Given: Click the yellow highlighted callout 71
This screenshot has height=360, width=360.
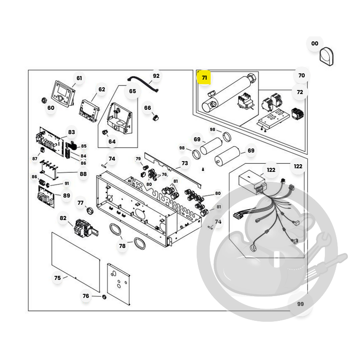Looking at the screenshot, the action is tap(204, 77).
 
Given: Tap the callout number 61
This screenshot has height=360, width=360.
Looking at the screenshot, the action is tap(79, 78).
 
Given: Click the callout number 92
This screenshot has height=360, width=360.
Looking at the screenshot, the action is tap(156, 76).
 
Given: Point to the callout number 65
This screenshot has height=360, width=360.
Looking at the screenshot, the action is tap(132, 91).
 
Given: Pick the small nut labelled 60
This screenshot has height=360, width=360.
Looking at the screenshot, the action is tap(44, 100).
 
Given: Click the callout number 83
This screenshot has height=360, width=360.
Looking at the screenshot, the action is tap(72, 132).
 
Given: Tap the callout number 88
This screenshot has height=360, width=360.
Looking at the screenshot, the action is tap(83, 174).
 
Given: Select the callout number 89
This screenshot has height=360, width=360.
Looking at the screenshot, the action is tap(67, 195).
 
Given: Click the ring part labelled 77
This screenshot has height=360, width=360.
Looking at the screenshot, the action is tap(90, 210).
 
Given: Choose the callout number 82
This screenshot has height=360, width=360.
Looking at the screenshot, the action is tap(63, 218).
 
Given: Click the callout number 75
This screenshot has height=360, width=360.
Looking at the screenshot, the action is tap(58, 278).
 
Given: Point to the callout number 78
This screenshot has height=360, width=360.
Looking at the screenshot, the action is tap(122, 246).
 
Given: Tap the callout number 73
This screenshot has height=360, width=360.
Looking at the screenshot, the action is tap(184, 163).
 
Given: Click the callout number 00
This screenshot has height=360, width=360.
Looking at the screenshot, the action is tap(315, 43).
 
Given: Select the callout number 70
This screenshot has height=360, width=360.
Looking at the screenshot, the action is tap(301, 75).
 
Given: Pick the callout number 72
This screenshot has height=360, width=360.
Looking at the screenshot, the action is tap(300, 92).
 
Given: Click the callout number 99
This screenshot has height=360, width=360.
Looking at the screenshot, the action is tap(300, 304).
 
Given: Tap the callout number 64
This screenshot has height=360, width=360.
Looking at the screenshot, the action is tap(112, 141).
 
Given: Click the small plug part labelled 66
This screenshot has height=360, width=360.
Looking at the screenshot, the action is tap(155, 118).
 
